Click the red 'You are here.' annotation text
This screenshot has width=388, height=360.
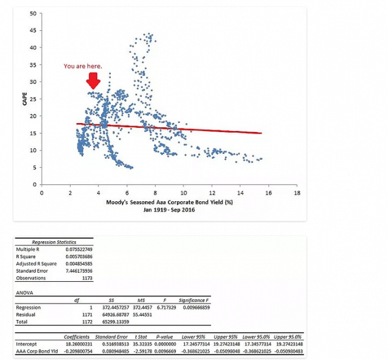coord(84,65)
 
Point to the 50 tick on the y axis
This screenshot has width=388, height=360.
coord(32,13)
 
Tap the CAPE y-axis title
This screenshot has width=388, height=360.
coord(25,99)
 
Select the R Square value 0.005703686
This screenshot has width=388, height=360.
coord(80,256)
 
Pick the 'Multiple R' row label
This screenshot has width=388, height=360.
coord(29,249)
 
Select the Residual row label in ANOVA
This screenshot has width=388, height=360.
coord(25,314)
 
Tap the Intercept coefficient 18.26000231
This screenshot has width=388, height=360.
coord(80,344)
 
